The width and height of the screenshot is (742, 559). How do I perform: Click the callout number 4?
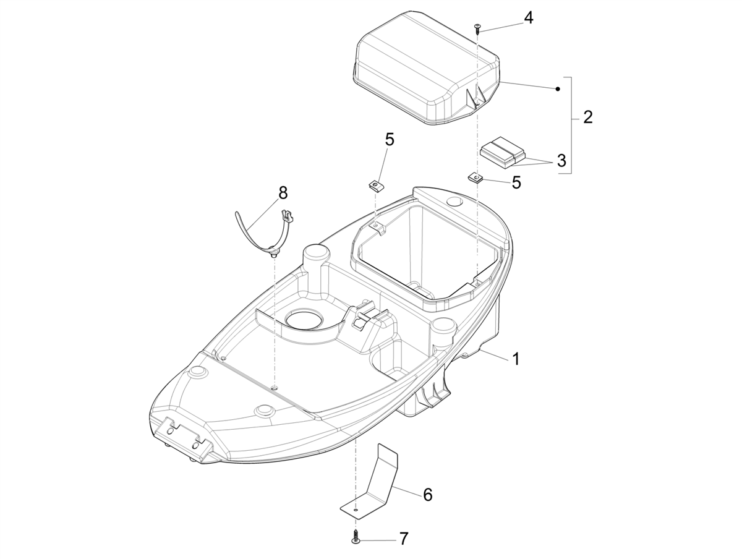coord(528,18)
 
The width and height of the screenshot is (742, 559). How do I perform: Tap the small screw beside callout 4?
coord(477,29)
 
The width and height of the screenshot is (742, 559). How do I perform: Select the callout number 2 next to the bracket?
coord(588,117)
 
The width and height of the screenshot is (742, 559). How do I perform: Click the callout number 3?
coord(561,161)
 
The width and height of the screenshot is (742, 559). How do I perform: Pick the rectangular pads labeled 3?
coord(503,152)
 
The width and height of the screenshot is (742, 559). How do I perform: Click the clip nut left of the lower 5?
coord(475,176)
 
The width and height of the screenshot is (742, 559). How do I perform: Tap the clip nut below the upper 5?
coord(375,185)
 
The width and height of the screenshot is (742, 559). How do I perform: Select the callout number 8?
coord(283,193)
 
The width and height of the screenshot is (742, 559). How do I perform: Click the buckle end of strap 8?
coord(287,215)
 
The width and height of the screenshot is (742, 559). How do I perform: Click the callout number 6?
coord(428,495)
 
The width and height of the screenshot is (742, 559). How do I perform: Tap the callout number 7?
coord(404,539)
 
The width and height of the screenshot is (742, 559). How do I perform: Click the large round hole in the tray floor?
coord(304,317)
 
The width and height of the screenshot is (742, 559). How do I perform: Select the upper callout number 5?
coord(390,139)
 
